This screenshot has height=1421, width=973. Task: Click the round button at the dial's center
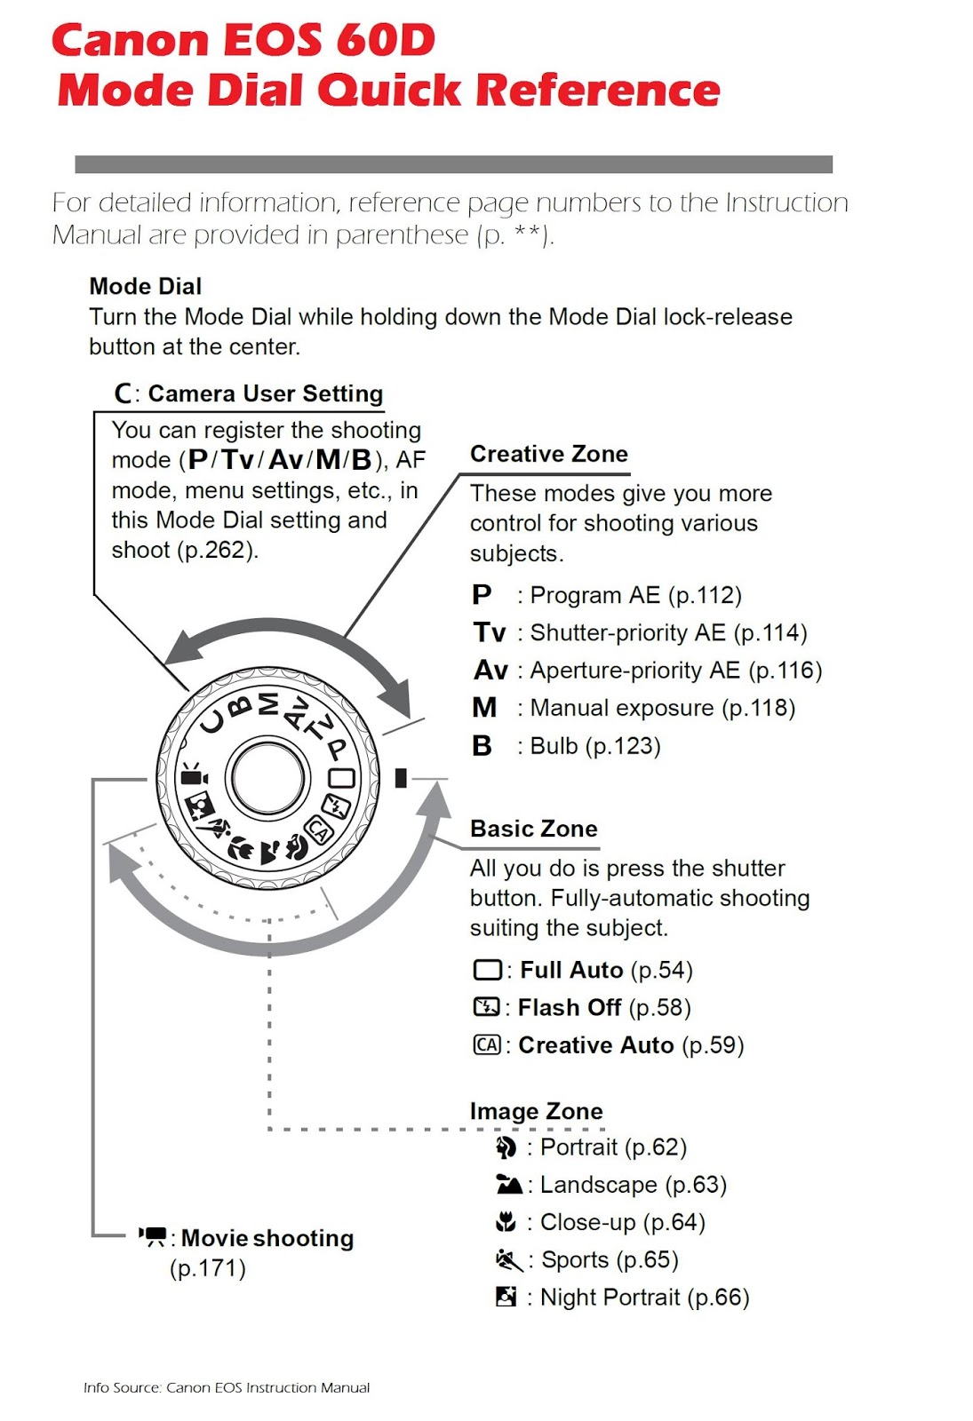pyautogui.click(x=267, y=777)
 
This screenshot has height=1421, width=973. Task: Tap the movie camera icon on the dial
pyautogui.click(x=194, y=776)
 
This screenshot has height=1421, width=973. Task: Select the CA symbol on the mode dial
pyautogui.click(x=318, y=830)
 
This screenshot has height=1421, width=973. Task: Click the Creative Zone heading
pyautogui.click(x=548, y=454)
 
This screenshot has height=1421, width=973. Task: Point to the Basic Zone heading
pyautogui.click(x=533, y=829)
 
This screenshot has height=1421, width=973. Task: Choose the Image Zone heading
pyautogui.click(x=536, y=1111)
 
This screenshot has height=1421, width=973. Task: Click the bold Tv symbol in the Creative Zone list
pyautogui.click(x=489, y=632)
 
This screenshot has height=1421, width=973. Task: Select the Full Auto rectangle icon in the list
pyautogui.click(x=487, y=969)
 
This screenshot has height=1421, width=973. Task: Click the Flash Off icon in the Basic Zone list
pyautogui.click(x=487, y=1007)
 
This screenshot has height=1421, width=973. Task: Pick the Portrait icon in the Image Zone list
pyautogui.click(x=506, y=1147)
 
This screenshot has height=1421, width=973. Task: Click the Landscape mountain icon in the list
pyautogui.click(x=508, y=1185)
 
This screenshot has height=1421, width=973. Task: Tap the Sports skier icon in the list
pyautogui.click(x=508, y=1259)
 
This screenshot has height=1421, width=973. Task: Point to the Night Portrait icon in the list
pyautogui.click(x=506, y=1297)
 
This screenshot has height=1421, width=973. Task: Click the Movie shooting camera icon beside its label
pyautogui.click(x=153, y=1236)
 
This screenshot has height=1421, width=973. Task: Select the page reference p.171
pyautogui.click(x=207, y=1268)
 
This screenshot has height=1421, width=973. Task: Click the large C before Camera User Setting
pyautogui.click(x=124, y=393)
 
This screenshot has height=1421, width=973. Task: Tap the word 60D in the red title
pyautogui.click(x=386, y=40)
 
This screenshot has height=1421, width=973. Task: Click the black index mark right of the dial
pyautogui.click(x=401, y=778)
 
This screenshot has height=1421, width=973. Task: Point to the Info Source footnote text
pyautogui.click(x=227, y=1387)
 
